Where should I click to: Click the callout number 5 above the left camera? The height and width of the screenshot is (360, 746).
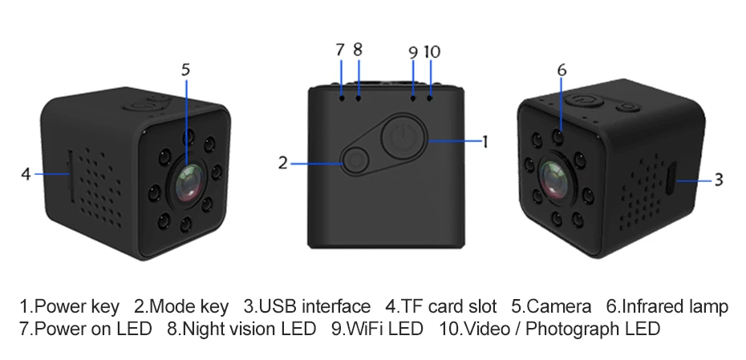click(186, 70)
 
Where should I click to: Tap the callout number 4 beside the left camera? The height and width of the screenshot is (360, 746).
click(26, 173)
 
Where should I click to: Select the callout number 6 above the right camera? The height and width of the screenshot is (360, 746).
click(562, 71)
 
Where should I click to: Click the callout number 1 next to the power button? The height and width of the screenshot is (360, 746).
click(484, 142)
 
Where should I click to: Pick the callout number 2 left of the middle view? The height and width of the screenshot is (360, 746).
click(282, 164)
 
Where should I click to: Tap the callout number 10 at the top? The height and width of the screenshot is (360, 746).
click(432, 52)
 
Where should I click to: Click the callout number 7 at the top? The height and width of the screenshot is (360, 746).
click(340, 50)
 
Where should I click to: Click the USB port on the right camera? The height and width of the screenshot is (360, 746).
click(670, 180)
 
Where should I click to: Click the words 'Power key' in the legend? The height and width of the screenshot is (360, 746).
click(77, 306)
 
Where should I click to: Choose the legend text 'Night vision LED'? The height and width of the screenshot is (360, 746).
click(250, 329)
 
